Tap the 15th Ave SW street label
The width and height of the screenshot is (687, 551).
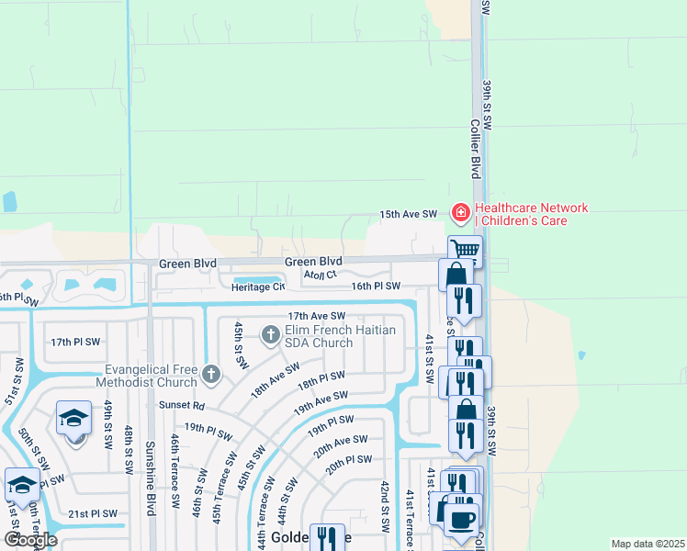(409, 214)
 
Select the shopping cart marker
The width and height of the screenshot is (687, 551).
(466, 249)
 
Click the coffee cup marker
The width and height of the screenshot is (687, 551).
(462, 520)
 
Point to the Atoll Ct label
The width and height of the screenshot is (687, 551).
(321, 274)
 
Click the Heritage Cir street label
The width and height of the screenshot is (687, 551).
(258, 287)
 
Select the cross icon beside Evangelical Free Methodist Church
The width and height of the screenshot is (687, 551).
(211, 374)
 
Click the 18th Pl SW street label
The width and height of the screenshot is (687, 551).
(321, 379)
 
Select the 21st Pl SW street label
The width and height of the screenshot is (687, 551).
(92, 513)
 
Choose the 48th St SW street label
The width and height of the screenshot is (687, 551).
(129, 449)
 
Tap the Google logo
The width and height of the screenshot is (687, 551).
(30, 540)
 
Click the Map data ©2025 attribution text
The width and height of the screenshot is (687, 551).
(647, 544)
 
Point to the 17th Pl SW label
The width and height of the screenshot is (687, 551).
(73, 342)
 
